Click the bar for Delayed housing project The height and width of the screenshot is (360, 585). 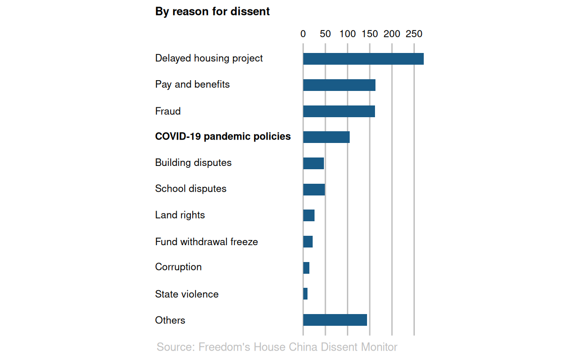coord(363,59)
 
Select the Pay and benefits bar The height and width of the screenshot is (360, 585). coord(339,85)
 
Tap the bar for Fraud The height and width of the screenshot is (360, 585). coord(339,111)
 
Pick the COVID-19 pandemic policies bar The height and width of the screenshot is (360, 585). coord(326,137)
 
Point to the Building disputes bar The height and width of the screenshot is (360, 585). coord(314,163)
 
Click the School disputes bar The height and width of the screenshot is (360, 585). coord(314,189)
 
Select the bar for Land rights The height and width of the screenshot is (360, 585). coord(309,215)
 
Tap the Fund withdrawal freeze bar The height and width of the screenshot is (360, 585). coord(308,241)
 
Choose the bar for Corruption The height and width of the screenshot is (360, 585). coord(307,268)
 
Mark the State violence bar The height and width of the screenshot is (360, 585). coord(306,294)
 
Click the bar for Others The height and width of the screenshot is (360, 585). coord(335,320)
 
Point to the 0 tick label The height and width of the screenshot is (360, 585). coord(303,34)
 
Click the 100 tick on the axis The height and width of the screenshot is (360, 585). coord(347,34)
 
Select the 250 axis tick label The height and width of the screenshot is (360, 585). coord(414,34)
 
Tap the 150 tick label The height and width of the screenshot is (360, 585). coord(370,34)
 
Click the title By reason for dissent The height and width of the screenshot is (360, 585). coord(212,11)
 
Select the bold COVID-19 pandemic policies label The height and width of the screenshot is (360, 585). coord(223,136)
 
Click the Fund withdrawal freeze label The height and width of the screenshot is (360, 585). coord(206,242)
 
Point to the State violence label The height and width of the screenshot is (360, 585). coord(187,294)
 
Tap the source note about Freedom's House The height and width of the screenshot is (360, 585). coord(277,347)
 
